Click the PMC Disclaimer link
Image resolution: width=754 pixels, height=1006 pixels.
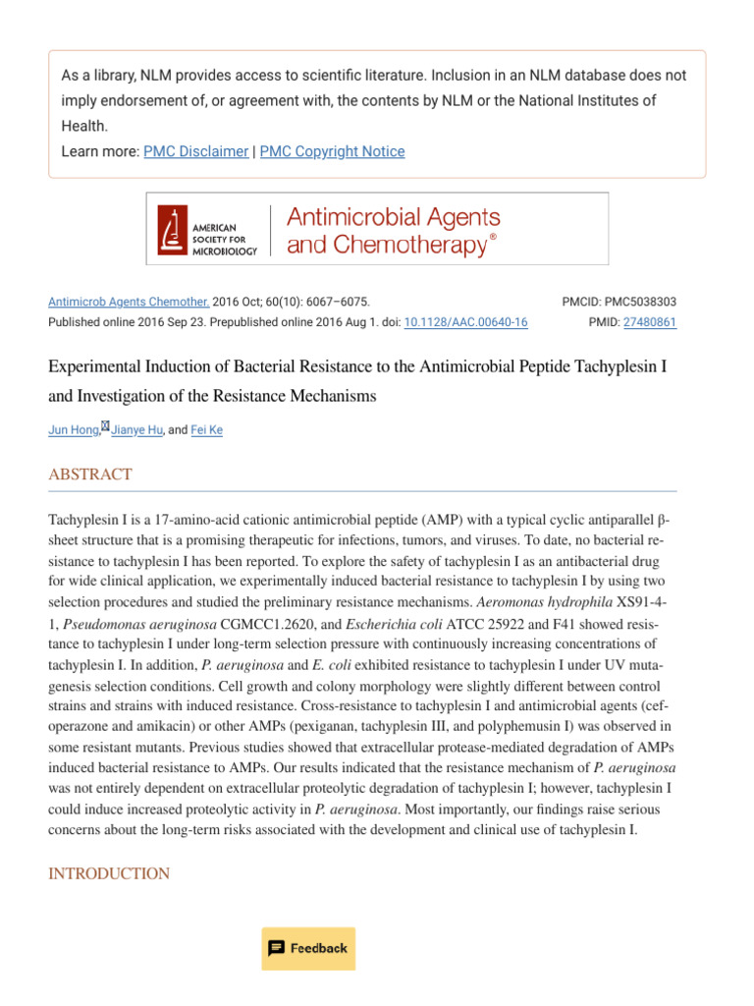(x=195, y=151)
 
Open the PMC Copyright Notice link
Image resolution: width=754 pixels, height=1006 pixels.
(x=332, y=151)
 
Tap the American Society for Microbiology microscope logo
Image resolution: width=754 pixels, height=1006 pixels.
(x=173, y=229)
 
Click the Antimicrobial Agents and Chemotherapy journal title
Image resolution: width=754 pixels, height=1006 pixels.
(x=393, y=230)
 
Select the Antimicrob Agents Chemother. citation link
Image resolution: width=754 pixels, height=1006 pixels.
(x=129, y=303)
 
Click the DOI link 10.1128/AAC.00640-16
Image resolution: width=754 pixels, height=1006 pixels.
(x=465, y=322)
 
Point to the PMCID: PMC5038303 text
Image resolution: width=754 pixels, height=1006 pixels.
(x=619, y=303)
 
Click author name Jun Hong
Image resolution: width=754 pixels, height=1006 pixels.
(x=74, y=430)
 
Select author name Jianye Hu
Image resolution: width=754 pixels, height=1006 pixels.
(x=137, y=430)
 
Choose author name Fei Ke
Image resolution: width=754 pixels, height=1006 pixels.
(x=206, y=430)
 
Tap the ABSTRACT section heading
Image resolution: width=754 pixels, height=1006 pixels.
(x=90, y=475)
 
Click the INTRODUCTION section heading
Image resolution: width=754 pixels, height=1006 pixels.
(x=109, y=873)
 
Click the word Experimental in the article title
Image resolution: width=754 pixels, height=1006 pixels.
(x=94, y=366)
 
